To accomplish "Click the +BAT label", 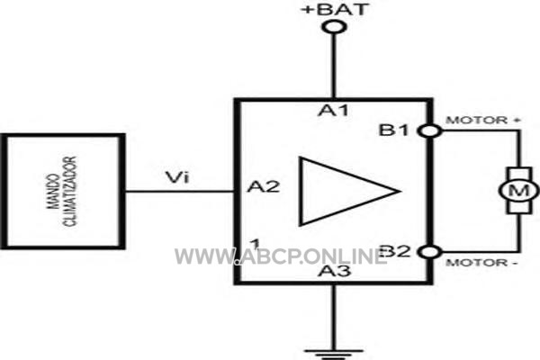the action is pos(335,9).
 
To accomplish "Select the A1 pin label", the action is pos(333,111).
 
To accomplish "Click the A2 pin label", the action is pos(264,186).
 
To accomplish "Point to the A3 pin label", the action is pos(335,271).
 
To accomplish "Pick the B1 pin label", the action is pos(393,130).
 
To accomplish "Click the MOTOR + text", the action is pos(482,121).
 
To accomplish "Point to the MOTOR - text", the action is pos(481,263).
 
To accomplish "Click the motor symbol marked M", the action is pos(519,190).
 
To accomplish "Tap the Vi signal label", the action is pos(177,178).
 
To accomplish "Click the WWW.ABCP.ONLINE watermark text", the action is pos(281,256).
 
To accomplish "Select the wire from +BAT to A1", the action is pos(334,66).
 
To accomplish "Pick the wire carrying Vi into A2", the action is pos(180,191).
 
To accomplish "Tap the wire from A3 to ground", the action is pos(333,318).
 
